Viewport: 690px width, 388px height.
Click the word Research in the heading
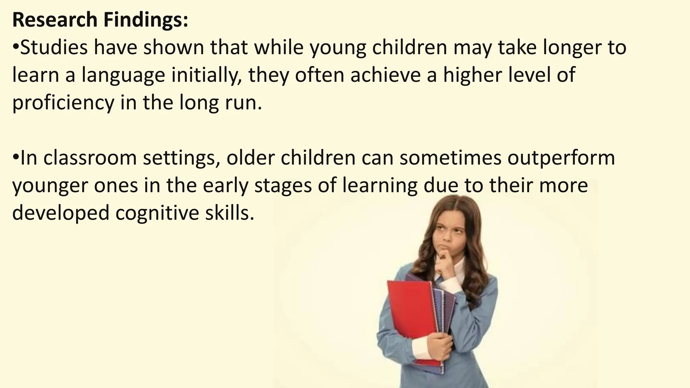tap(55, 20)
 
